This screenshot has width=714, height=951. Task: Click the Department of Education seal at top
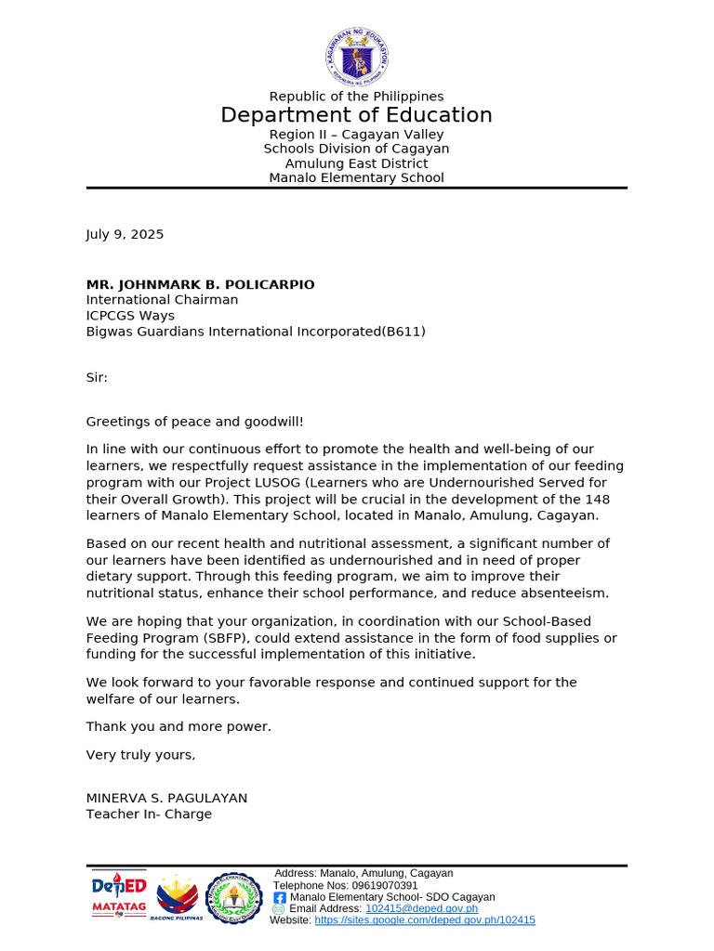pyautogui.click(x=356, y=55)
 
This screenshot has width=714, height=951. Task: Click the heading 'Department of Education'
pyautogui.click(x=356, y=115)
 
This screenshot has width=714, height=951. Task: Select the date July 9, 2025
pyautogui.click(x=125, y=235)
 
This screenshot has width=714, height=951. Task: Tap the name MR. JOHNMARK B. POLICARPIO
pyautogui.click(x=200, y=285)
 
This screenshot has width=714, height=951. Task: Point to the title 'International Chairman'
pyautogui.click(x=162, y=300)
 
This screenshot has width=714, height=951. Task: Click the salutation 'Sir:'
pyautogui.click(x=97, y=378)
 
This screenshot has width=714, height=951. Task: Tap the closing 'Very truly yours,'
pyautogui.click(x=140, y=755)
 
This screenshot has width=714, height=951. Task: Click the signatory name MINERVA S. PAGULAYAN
pyautogui.click(x=166, y=799)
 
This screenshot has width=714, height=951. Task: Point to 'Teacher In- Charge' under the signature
pyautogui.click(x=149, y=814)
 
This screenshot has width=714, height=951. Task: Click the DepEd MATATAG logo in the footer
pyautogui.click(x=118, y=895)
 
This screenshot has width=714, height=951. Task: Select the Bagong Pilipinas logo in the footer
pyautogui.click(x=176, y=898)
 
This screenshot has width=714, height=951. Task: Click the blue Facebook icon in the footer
pyautogui.click(x=279, y=898)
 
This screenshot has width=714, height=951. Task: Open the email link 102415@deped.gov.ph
pyautogui.click(x=421, y=909)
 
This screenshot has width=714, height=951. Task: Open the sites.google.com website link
pyautogui.click(x=425, y=920)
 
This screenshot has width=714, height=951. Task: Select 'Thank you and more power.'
pyautogui.click(x=178, y=727)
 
